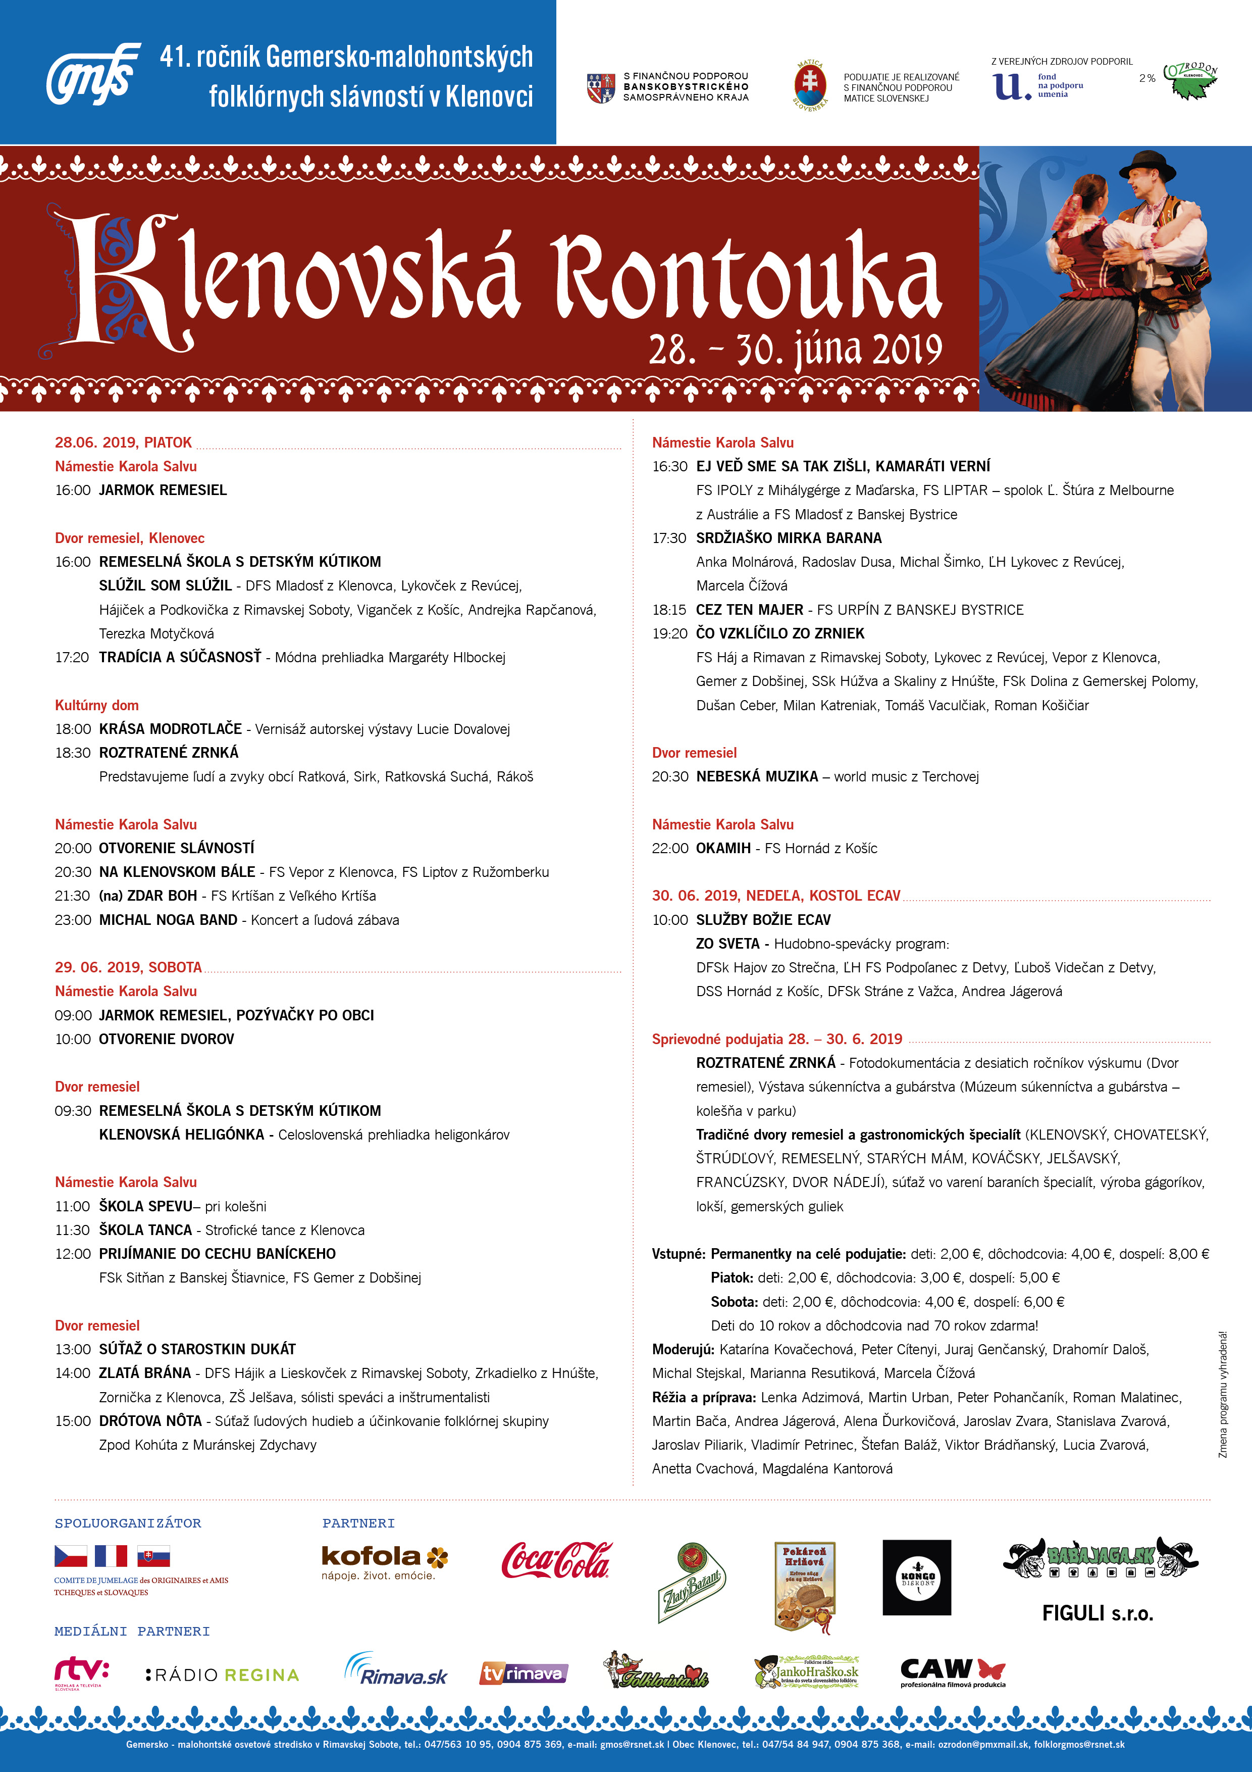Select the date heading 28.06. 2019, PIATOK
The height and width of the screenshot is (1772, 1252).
[x=123, y=442]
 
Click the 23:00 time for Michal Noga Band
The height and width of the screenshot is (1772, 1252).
[x=73, y=920]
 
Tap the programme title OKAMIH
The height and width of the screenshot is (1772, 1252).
[x=723, y=848]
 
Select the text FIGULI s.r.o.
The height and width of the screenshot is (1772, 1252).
[x=1097, y=1614]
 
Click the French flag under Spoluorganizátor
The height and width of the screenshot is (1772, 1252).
[x=111, y=1556]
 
